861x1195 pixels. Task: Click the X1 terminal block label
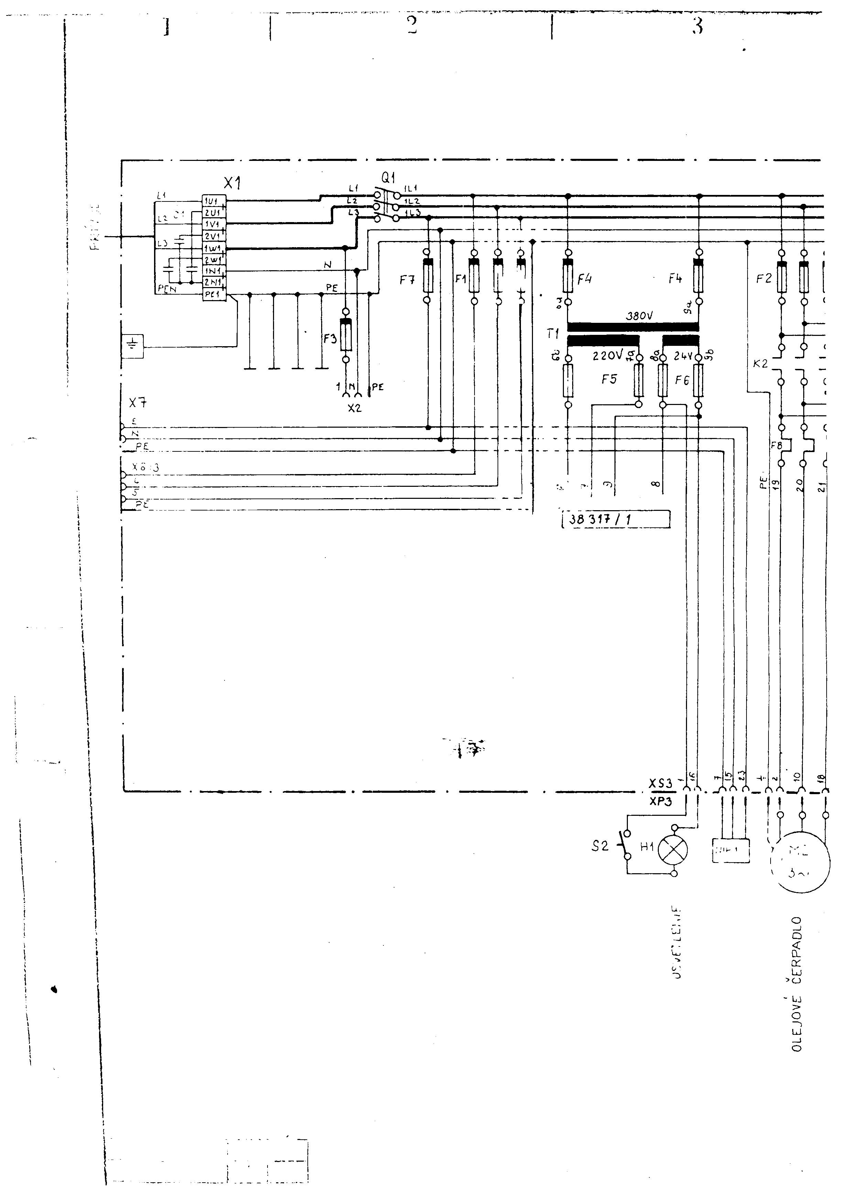point(232,183)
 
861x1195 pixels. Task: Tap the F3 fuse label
point(330,338)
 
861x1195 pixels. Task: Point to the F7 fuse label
point(407,280)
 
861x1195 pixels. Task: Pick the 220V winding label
point(608,356)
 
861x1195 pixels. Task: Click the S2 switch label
point(600,846)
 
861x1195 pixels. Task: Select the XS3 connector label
point(660,783)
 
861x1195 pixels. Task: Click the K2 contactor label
point(760,364)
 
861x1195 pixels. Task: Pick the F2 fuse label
point(763,279)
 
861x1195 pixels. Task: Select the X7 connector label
point(138,403)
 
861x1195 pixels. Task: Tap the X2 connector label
point(355,408)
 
